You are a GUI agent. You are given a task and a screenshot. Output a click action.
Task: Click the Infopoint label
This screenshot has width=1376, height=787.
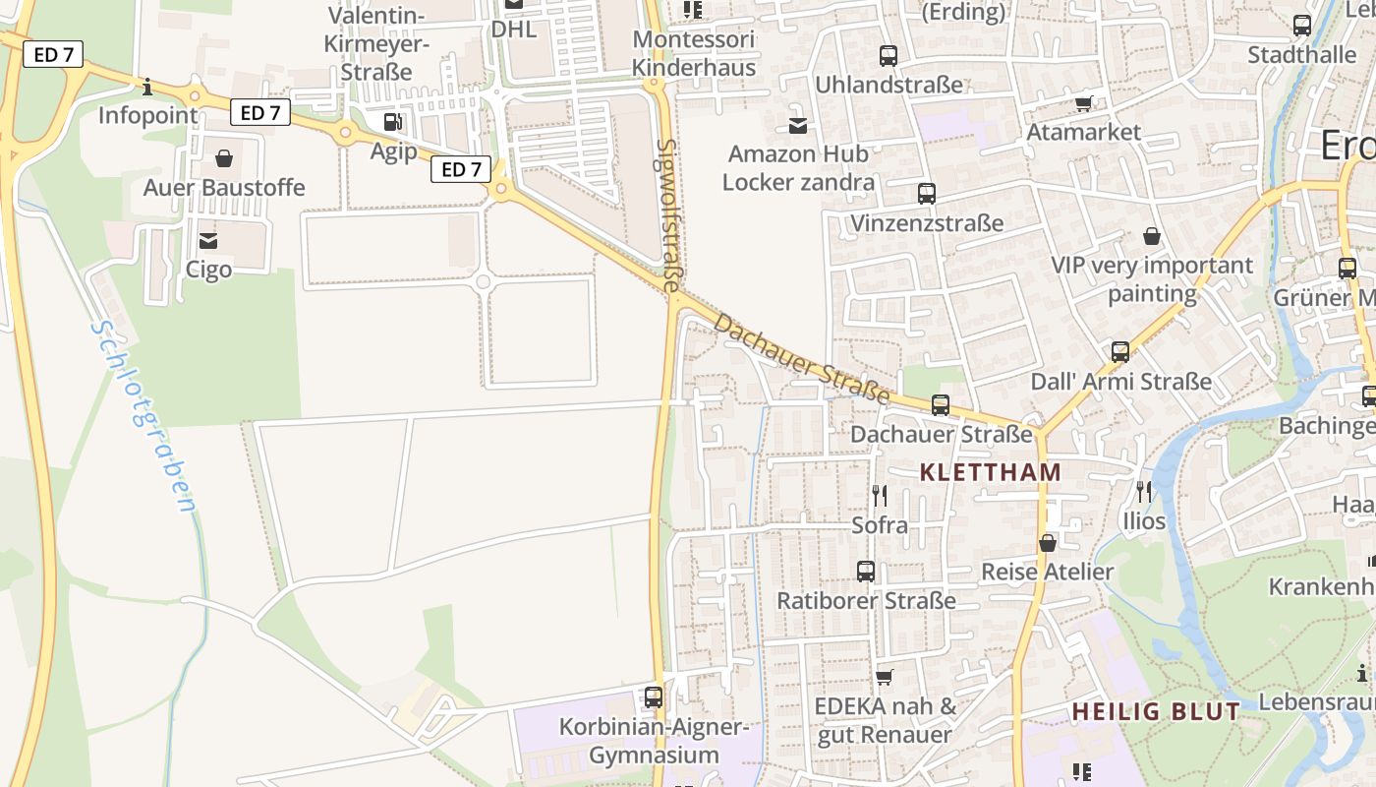(147, 115)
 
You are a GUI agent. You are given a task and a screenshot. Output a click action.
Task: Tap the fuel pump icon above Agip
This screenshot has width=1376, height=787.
(392, 122)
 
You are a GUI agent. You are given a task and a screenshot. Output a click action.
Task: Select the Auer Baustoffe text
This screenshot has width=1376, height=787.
(224, 187)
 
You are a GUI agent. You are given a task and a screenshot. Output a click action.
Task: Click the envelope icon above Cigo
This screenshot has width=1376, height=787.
(208, 240)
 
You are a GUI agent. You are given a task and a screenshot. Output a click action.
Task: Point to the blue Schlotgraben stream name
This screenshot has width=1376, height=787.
(143, 416)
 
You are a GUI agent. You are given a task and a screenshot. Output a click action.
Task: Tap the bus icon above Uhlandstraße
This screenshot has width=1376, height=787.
(889, 56)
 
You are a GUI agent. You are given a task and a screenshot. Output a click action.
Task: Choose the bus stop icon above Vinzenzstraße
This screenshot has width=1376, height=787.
(926, 194)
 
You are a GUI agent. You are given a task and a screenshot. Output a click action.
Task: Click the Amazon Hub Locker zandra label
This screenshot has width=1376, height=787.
(798, 168)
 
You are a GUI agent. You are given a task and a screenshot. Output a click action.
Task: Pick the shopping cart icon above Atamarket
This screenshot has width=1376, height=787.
(1084, 103)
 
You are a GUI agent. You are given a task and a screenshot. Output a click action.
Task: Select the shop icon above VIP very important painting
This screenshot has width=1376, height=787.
(1152, 236)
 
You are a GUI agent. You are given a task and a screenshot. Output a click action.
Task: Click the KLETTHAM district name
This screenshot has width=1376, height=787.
(991, 472)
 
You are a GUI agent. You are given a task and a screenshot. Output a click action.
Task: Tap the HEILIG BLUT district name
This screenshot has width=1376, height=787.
(1156, 711)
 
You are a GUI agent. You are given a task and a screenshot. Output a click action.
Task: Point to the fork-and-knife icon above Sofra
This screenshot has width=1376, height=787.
(880, 495)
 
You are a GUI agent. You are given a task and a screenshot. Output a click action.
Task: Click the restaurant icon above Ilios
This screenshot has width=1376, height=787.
(1143, 491)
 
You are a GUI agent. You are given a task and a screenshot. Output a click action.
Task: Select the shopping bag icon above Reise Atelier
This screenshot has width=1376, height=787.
(1048, 543)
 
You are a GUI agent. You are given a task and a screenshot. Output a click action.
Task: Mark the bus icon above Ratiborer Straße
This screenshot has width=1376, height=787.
(866, 571)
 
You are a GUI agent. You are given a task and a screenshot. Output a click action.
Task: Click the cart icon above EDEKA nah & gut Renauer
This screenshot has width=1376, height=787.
(884, 677)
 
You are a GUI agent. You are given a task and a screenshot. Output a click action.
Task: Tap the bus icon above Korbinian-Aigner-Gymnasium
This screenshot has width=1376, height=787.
(654, 697)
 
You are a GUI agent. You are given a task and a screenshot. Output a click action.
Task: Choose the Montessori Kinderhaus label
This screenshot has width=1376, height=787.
(694, 53)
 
